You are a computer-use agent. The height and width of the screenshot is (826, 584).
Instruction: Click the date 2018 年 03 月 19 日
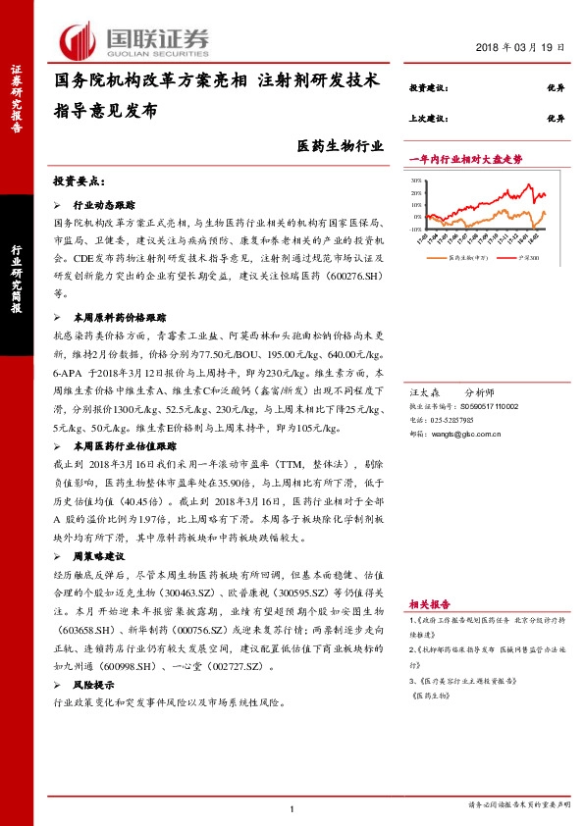click(x=520, y=47)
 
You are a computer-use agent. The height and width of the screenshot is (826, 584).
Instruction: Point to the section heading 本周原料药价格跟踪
click(x=119, y=319)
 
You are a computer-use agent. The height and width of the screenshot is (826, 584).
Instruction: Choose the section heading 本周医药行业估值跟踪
click(x=126, y=445)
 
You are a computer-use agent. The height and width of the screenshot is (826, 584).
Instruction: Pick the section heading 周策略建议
click(x=99, y=556)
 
